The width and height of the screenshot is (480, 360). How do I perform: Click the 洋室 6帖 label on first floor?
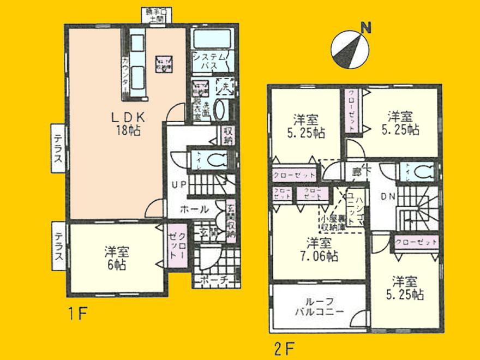116,258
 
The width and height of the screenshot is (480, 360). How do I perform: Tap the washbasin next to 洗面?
221,110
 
